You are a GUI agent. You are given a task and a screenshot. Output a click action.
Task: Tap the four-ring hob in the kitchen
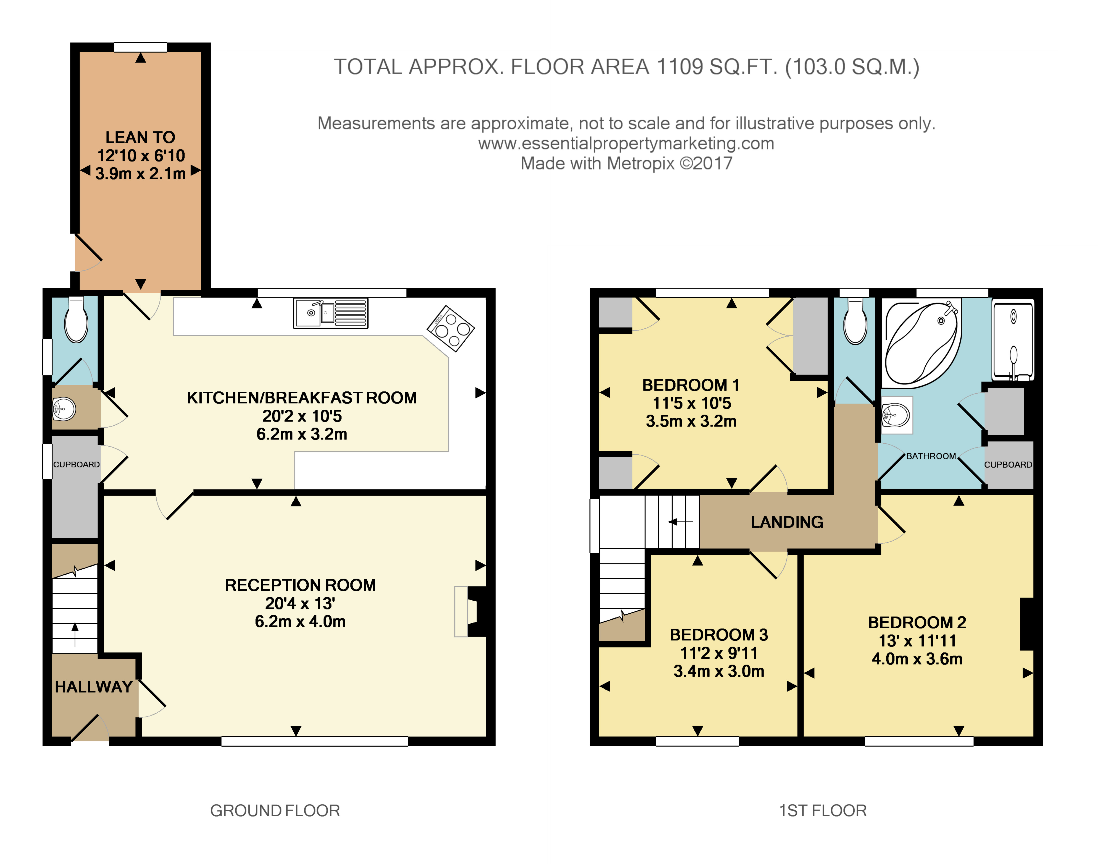(451, 329)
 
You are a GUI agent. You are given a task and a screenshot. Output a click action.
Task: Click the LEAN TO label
(140, 137)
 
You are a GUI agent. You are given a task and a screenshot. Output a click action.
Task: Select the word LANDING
(787, 522)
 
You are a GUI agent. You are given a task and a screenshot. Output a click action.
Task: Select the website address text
(626, 144)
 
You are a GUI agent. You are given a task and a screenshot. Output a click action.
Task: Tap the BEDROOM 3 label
(719, 635)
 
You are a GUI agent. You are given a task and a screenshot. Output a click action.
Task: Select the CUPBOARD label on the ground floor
(76, 464)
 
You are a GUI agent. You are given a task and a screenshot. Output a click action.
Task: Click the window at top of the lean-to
(140, 47)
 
